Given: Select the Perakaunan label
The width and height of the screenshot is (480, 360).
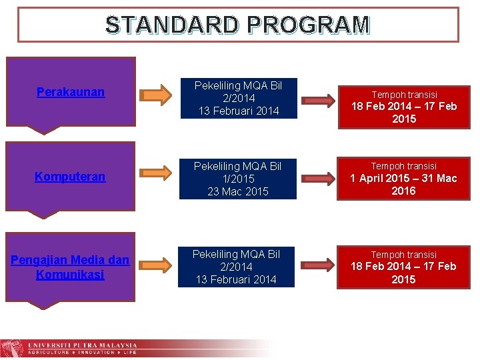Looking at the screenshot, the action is click(x=71, y=92).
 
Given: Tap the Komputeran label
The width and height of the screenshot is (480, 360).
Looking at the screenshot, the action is click(x=70, y=177).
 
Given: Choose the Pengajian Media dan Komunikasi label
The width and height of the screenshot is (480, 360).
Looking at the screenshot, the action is click(x=70, y=267).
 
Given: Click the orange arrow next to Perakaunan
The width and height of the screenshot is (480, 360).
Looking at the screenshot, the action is click(x=157, y=95).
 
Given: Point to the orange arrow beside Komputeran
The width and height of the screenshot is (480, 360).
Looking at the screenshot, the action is click(x=157, y=176).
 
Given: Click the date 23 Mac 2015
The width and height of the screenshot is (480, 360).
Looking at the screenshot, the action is click(x=238, y=191).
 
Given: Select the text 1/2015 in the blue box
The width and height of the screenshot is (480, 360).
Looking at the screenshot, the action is click(x=238, y=179).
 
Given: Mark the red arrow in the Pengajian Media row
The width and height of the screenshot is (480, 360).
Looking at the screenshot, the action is click(x=315, y=265).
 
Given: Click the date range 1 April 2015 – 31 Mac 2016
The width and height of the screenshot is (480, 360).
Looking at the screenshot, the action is click(x=404, y=185).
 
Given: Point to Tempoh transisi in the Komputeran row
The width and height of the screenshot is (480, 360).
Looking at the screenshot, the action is click(x=404, y=166).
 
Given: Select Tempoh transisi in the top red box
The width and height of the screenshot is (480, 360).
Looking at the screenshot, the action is click(x=404, y=95).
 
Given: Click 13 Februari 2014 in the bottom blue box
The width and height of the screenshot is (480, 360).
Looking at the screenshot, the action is click(x=236, y=279).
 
